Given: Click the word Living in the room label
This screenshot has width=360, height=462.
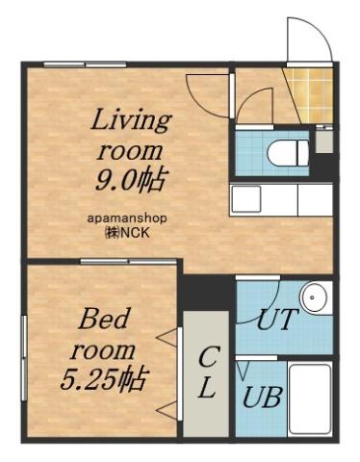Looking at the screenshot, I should [x=130, y=122].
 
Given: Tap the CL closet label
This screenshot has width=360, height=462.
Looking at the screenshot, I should [x=207, y=372].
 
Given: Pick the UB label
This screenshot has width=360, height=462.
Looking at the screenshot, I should [x=261, y=396].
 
